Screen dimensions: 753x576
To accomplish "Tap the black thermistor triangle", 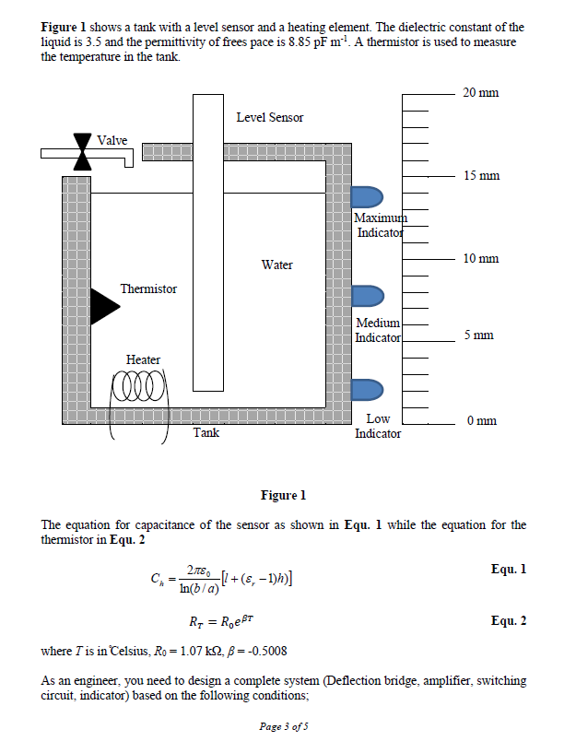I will pyautogui.click(x=103, y=310).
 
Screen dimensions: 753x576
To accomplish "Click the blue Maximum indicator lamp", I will pyautogui.click(x=368, y=197).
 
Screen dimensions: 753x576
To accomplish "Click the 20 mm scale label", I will pyautogui.click(x=481, y=93).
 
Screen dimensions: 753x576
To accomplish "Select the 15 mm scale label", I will pyautogui.click(x=481, y=175).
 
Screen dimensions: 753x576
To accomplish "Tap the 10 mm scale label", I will pyautogui.click(x=481, y=258).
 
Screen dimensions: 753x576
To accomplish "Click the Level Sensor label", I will pyautogui.click(x=269, y=117).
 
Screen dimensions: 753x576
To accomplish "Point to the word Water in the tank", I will pyautogui.click(x=276, y=265).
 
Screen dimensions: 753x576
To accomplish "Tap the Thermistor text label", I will pyautogui.click(x=148, y=289).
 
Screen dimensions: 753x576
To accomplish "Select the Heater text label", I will pyautogui.click(x=143, y=359).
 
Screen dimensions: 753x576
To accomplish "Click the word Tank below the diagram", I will pyautogui.click(x=206, y=432).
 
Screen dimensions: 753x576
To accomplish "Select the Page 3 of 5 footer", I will pyautogui.click(x=285, y=727).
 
